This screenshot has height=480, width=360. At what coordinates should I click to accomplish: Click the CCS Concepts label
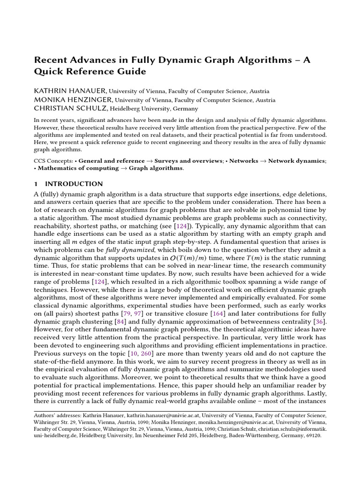tap(53, 160)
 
